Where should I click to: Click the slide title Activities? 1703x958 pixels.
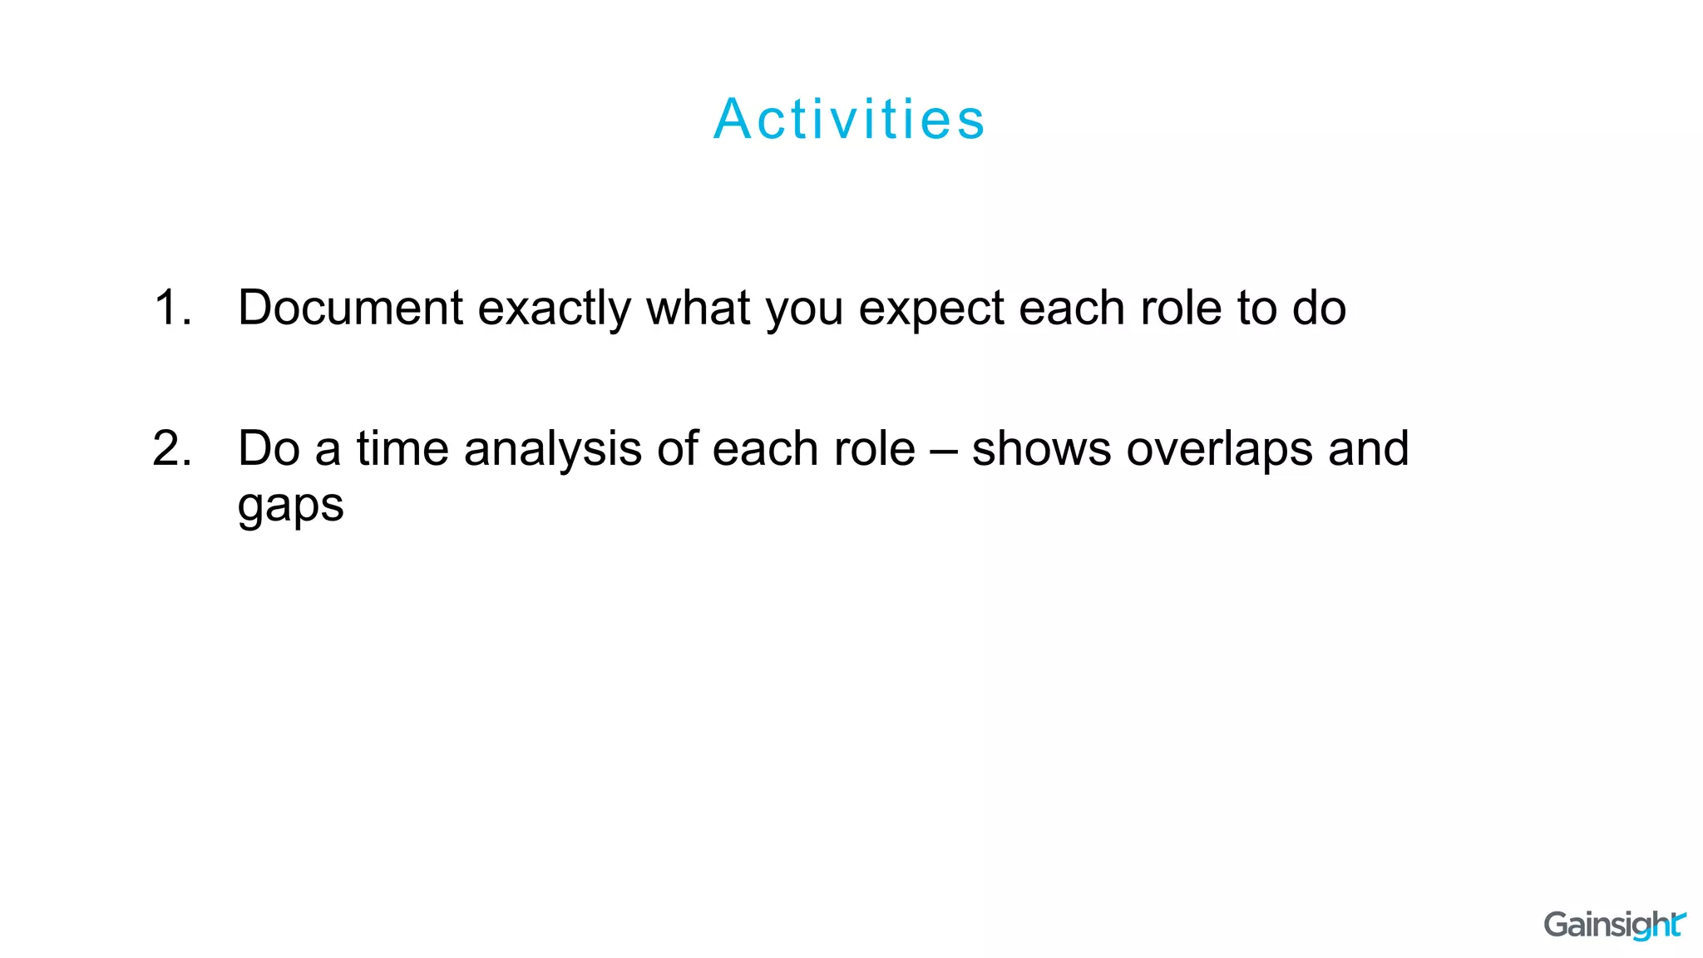click(850, 119)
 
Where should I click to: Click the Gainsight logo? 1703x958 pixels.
click(1613, 925)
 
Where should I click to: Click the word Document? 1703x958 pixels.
click(350, 308)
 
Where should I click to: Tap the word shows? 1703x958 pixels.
click(1041, 449)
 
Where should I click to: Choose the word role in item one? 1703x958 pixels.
click(1182, 308)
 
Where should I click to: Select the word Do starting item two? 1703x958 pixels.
click(269, 449)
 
